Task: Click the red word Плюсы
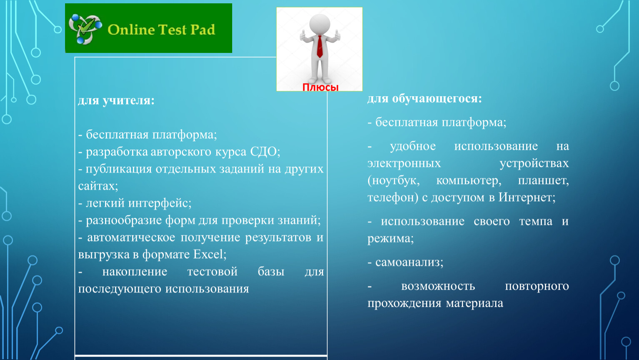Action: (321, 87)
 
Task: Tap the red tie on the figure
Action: (320, 47)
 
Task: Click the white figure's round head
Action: (320, 24)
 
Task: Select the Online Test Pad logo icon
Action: (85, 29)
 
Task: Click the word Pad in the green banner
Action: (203, 30)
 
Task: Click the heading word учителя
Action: (128, 100)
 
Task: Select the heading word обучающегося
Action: (437, 99)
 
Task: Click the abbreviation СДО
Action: (265, 152)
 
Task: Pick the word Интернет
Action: (527, 197)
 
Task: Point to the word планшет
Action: (543, 180)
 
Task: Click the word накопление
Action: (135, 272)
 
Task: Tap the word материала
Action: (474, 303)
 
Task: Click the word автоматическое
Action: (131, 237)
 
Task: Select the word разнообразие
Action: (124, 220)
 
